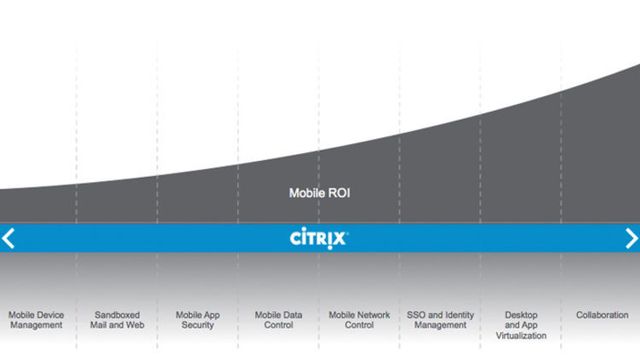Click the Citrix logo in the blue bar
click(x=319, y=238)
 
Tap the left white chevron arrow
click(x=9, y=238)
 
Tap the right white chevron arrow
click(x=631, y=238)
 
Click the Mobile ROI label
click(x=318, y=194)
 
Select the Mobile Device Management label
click(x=36, y=320)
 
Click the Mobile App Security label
click(x=198, y=320)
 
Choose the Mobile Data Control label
click(x=278, y=320)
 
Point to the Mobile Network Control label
click(x=359, y=320)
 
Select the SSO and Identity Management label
click(x=440, y=320)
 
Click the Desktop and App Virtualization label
click(x=521, y=325)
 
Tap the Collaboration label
click(x=602, y=315)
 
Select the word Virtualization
click(x=521, y=336)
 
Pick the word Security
click(x=198, y=326)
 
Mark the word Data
click(x=292, y=315)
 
